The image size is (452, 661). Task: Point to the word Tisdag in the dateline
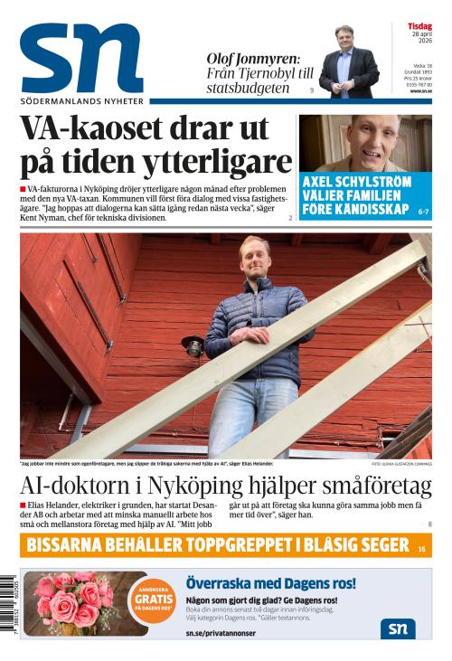click(x=419, y=26)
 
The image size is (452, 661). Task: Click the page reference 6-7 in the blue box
click(x=423, y=211)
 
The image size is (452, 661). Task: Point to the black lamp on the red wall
click(x=192, y=345)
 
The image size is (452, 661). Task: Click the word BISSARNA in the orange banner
click(x=74, y=544)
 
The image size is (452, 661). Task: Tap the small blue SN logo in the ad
click(x=398, y=628)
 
